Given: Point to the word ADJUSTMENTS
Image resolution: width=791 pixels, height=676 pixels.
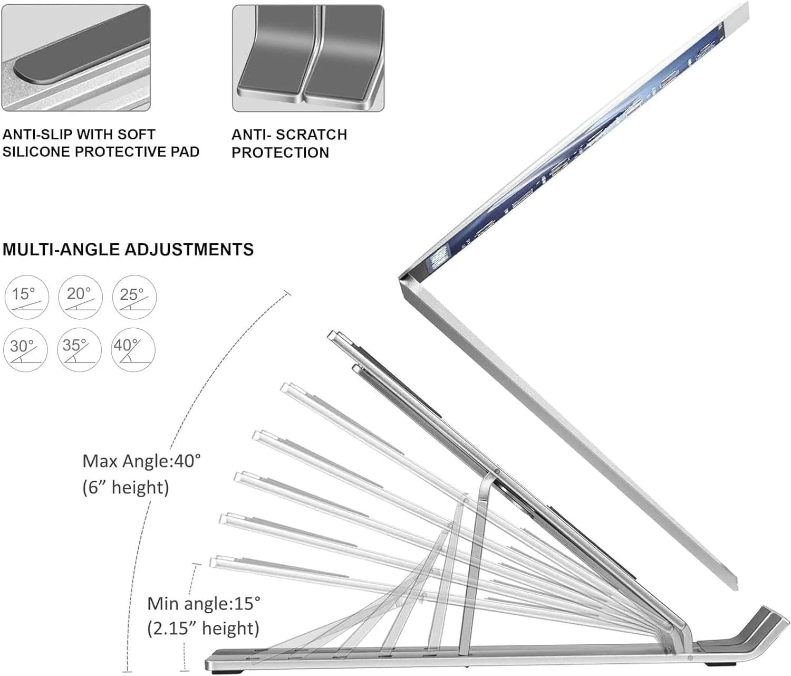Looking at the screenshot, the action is [x=189, y=249].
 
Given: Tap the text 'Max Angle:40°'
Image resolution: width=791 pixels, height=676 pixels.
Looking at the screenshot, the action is [x=142, y=461].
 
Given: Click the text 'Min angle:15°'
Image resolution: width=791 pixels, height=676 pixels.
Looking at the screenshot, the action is [x=204, y=604].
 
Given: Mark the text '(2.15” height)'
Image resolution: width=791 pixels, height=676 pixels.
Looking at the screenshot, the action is [x=203, y=629].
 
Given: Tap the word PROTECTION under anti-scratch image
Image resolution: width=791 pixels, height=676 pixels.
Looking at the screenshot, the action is [x=280, y=153].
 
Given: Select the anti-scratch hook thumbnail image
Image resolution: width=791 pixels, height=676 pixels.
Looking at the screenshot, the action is [x=308, y=58].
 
